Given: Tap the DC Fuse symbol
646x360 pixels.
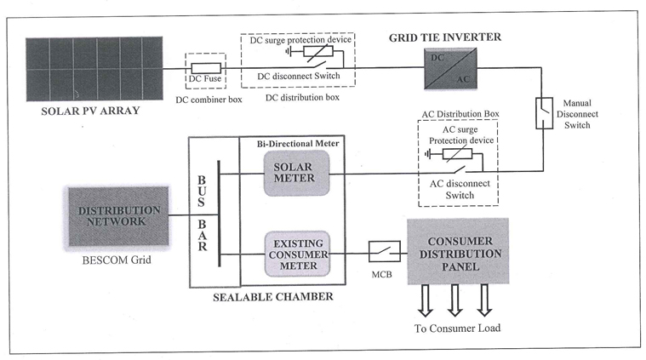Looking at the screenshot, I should click(205, 67).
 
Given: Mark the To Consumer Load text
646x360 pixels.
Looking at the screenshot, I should click(458, 329).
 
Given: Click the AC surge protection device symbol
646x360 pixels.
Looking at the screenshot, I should click(460, 154).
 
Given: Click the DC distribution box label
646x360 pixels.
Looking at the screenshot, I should click(302, 99).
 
